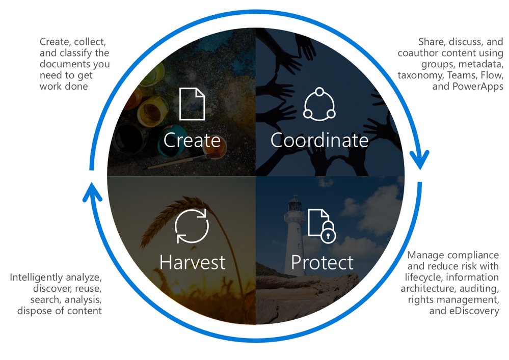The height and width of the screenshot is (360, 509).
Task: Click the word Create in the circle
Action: click(x=192, y=140)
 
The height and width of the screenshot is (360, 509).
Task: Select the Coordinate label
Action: click(x=319, y=140)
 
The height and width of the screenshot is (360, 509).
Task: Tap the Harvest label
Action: click(x=192, y=262)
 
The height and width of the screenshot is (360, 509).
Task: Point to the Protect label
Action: click(x=322, y=262)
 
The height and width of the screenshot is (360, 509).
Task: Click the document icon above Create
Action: click(x=192, y=104)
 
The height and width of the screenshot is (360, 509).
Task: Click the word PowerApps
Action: click(x=477, y=86)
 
